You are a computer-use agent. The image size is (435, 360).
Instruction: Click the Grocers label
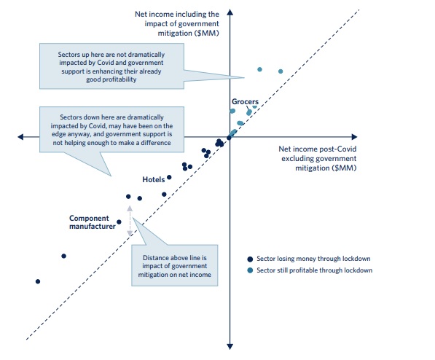(x=245, y=101)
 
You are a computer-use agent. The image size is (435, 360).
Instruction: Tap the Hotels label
(x=154, y=179)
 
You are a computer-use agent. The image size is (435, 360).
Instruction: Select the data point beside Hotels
(x=169, y=177)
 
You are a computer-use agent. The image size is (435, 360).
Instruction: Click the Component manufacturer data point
(x=119, y=222)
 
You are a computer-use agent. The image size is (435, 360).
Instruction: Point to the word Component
(x=89, y=219)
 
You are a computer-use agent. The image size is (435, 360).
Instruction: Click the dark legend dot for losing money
(x=250, y=259)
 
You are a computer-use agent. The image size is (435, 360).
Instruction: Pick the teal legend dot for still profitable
(x=250, y=270)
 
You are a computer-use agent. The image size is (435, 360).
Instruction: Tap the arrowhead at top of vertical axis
(x=230, y=12)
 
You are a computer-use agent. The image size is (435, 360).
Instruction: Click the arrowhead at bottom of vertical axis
(x=230, y=346)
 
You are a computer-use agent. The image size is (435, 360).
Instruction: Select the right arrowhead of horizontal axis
(x=354, y=137)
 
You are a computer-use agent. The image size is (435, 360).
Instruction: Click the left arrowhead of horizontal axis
(x=20, y=137)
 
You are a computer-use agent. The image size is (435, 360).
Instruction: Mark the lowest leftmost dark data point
(x=38, y=281)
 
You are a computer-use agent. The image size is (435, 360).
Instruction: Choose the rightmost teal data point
(x=281, y=71)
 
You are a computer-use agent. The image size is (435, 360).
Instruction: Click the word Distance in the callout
(x=154, y=258)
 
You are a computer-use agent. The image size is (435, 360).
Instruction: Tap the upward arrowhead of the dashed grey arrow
(x=130, y=208)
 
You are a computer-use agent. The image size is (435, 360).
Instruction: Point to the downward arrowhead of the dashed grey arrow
(x=130, y=233)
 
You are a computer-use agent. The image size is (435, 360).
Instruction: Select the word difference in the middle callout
(x=156, y=143)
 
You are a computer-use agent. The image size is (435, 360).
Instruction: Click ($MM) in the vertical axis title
(x=207, y=34)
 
